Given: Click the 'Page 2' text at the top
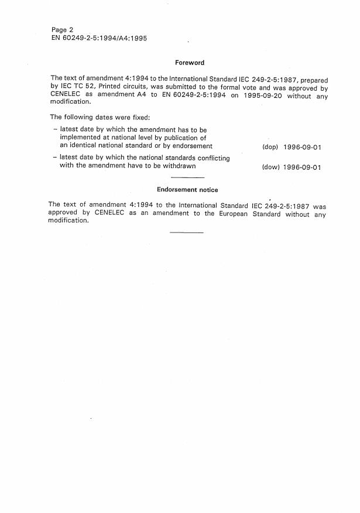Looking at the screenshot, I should pyautogui.click(x=61, y=29).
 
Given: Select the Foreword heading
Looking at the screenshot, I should pyautogui.click(x=190, y=63).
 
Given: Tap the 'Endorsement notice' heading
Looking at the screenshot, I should pyautogui.click(x=187, y=190).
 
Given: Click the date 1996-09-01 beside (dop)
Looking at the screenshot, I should pyautogui.click(x=303, y=147).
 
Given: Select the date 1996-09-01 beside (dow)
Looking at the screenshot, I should pyautogui.click(x=303, y=167).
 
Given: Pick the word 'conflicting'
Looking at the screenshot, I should pyautogui.click(x=209, y=158).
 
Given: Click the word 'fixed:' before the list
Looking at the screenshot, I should pyautogui.click(x=141, y=117).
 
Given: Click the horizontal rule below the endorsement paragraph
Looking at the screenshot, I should pyautogui.click(x=187, y=233).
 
